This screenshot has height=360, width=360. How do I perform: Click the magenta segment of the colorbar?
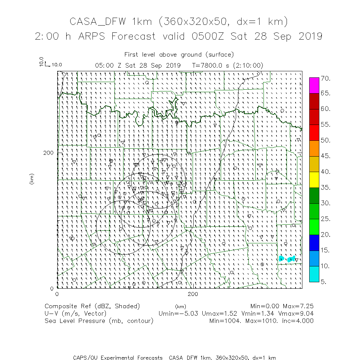tap(314, 85)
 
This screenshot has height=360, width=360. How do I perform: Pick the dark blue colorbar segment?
tap(314, 242)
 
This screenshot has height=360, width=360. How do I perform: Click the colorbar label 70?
tap(325, 78)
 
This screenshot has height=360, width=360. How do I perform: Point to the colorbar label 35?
tap(325, 188)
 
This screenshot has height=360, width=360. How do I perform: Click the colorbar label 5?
tap(324, 282)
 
